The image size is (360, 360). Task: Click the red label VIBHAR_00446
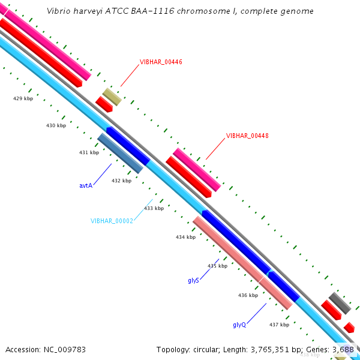pyautogui.click(x=161, y=62)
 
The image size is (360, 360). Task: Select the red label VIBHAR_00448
pyautogui.click(x=247, y=136)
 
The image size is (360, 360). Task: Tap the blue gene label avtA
pyautogui.click(x=86, y=186)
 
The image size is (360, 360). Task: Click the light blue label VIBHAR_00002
pyautogui.click(x=112, y=221)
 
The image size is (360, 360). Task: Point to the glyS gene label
pyautogui.click(x=193, y=280)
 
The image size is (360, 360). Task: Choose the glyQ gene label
pyautogui.click(x=239, y=325)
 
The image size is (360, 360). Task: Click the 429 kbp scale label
pyautogui.click(x=23, y=98)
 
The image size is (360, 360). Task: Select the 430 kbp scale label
pyautogui.click(x=56, y=125)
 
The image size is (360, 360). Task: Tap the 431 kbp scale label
pyautogui.click(x=89, y=152)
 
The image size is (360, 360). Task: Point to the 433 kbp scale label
pyautogui.click(x=154, y=208)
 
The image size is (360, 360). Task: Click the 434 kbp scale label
pyautogui.click(x=185, y=237)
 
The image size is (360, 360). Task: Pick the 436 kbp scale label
pyautogui.click(x=248, y=295)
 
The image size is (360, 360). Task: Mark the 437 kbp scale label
pyautogui.click(x=279, y=325)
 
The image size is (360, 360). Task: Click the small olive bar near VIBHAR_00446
pyautogui.click(x=112, y=97)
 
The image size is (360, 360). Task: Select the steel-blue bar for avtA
pyautogui.click(x=120, y=153)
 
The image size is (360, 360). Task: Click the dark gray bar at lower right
pyautogui.click(x=340, y=304)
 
